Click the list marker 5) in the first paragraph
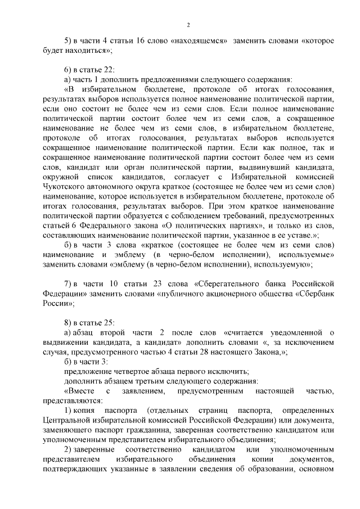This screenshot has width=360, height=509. tap(68, 41)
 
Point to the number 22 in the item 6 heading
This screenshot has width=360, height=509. tap(109, 70)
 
